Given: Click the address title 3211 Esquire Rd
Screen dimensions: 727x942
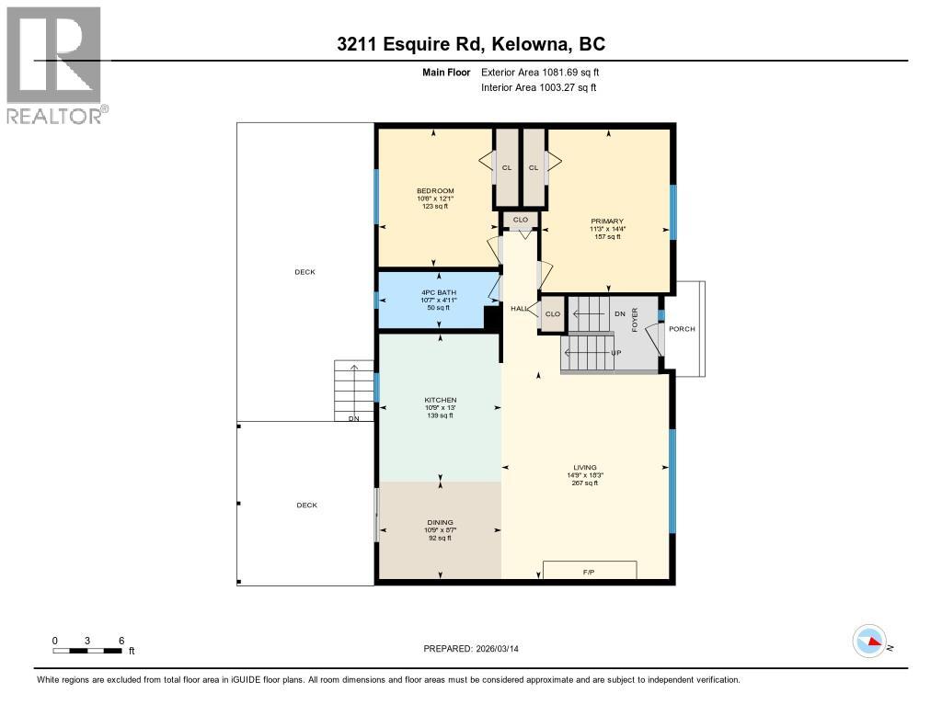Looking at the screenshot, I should coord(470,44).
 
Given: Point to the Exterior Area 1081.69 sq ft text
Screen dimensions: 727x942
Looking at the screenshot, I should coord(540,72).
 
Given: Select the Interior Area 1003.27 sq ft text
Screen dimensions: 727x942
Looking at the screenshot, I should coord(538,87).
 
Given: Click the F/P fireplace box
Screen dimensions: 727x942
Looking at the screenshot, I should coord(590,571).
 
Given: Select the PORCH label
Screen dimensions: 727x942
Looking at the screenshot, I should coord(682,329).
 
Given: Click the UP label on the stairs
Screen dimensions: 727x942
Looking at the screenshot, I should coord(615,353).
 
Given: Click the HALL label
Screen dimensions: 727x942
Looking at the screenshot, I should coord(520,309).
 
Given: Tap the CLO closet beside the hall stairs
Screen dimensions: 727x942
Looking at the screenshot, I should coord(553,313).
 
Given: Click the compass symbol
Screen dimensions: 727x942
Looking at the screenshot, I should coord(869,641).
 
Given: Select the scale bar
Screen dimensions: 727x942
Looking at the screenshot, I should coord(87,651).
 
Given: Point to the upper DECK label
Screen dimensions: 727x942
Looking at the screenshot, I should coord(304,272).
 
